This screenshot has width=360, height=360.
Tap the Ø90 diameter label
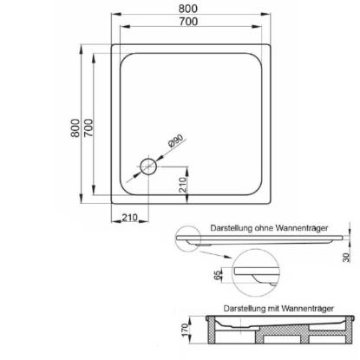[176, 141]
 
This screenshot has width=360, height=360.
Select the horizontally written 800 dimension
[188, 9]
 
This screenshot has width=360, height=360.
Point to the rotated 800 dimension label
[75, 128]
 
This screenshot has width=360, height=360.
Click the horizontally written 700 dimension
[188, 22]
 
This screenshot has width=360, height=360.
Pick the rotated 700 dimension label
[88, 128]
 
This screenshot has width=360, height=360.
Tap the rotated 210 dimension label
[183, 185]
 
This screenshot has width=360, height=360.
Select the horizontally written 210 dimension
[129, 217]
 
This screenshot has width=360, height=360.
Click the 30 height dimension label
[346, 257]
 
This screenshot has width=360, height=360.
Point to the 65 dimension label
[218, 274]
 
